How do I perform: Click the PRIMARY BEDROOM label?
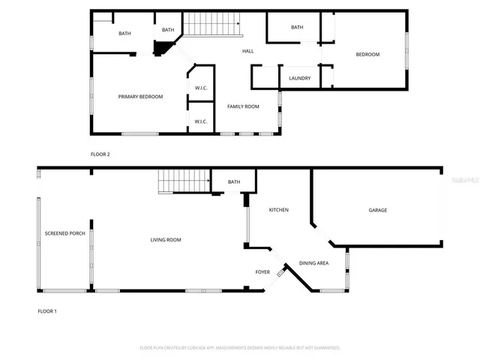pos(140,97)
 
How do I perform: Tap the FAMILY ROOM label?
pos(243,106)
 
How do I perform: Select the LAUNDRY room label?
pos(300,77)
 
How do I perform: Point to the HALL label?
pos(247,51)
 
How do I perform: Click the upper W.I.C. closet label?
pos(200,88)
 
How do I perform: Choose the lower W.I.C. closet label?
pos(200,121)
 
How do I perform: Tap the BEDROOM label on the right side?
pos(367,54)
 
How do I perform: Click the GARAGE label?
pos(377,210)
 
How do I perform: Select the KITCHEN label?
pos(278,210)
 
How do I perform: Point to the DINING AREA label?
pos(313,263)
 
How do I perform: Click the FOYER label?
pos(262,271)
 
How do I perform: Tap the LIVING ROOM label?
pos(166,240)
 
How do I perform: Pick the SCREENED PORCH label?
pos(64,233)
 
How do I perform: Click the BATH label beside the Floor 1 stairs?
pos(234,182)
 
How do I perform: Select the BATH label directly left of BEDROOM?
pos(297,28)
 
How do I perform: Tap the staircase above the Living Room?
pos(183,181)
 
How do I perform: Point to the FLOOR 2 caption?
pos(100,154)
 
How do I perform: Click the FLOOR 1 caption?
pos(47,310)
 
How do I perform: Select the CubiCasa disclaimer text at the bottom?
pos(240,348)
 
